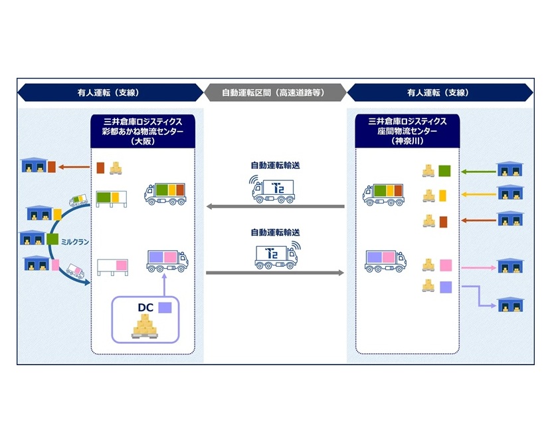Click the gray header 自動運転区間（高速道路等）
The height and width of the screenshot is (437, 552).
click(274, 92)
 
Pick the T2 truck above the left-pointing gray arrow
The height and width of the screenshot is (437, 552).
click(274, 189)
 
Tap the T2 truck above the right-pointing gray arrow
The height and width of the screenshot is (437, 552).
click(276, 255)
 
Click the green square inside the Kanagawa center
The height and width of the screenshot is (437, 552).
click(444, 172)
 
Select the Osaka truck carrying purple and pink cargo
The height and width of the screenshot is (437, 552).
click(167, 260)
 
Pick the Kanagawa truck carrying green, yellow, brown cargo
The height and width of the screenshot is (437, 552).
click(384, 194)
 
